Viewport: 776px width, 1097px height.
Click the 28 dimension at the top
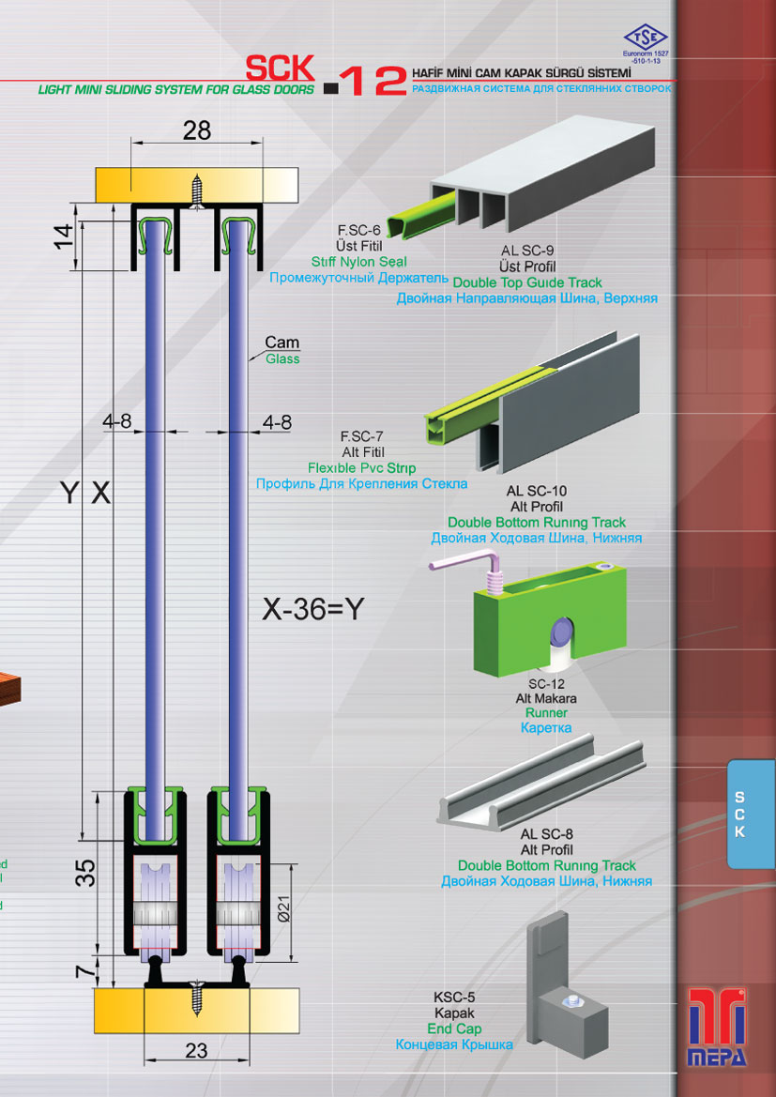pyautogui.click(x=197, y=130)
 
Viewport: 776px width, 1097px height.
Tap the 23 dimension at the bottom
pyautogui.click(x=197, y=1050)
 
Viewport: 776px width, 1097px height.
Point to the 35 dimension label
pyautogui.click(x=85, y=873)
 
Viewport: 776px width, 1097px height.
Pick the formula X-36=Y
pyautogui.click(x=313, y=609)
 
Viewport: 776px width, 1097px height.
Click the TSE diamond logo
pyautogui.click(x=646, y=37)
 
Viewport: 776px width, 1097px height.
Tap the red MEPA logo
pyautogui.click(x=717, y=1027)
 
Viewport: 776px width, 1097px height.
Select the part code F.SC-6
pyautogui.click(x=358, y=229)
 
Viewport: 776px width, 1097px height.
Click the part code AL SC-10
pyautogui.click(x=536, y=491)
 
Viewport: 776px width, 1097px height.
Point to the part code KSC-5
pyautogui.click(x=454, y=998)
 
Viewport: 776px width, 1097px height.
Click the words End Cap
pyautogui.click(x=454, y=1029)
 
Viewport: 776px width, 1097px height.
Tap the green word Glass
pyautogui.click(x=282, y=358)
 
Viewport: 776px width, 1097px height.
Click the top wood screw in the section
pyautogui.click(x=198, y=191)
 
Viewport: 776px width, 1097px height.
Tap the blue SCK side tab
pyautogui.click(x=751, y=815)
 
